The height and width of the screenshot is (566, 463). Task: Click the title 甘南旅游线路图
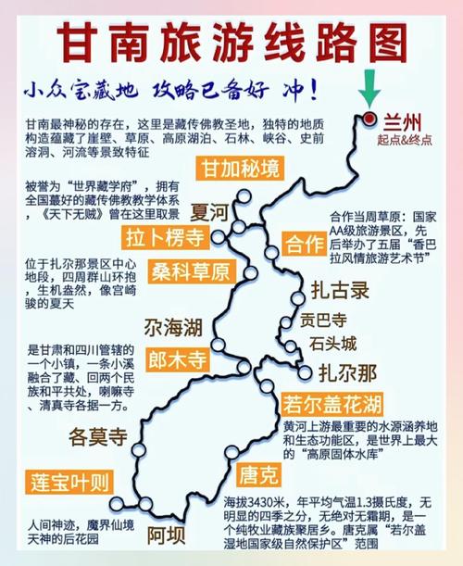231,42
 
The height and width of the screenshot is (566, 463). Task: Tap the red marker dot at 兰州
369,119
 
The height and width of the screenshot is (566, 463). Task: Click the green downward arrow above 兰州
370,91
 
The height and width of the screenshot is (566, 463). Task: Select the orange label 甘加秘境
240,168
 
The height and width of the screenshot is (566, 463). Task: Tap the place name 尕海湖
171,327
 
